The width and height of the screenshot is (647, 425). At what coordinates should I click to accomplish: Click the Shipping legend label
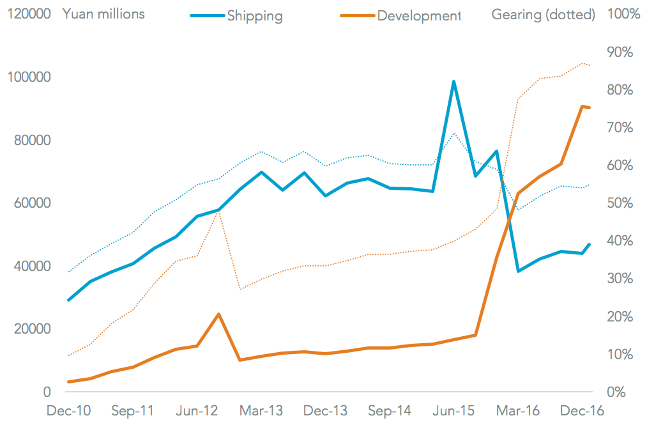[x=254, y=15]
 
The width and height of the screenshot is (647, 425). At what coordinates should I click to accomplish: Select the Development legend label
[x=418, y=15]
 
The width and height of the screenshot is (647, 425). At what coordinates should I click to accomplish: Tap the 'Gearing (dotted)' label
[x=543, y=14]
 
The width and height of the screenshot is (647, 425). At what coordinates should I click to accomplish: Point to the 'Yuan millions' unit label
[x=103, y=13]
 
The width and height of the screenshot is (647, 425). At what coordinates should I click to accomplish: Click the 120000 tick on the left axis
[x=29, y=14]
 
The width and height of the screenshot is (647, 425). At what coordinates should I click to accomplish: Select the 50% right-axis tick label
[x=620, y=203]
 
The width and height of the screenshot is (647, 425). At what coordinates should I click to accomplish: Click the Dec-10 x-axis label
[x=68, y=410]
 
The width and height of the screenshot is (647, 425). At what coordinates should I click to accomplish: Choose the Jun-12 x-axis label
[x=197, y=410]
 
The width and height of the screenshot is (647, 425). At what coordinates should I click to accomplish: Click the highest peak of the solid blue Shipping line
[x=453, y=82]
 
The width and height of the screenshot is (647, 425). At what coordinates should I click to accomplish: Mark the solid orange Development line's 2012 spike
[x=218, y=314]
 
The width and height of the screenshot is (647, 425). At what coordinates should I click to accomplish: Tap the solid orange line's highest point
[x=582, y=106]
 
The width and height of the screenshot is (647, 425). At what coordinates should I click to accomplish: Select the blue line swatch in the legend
[x=208, y=15]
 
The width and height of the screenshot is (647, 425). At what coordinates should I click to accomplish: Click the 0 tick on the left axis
[x=47, y=392]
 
